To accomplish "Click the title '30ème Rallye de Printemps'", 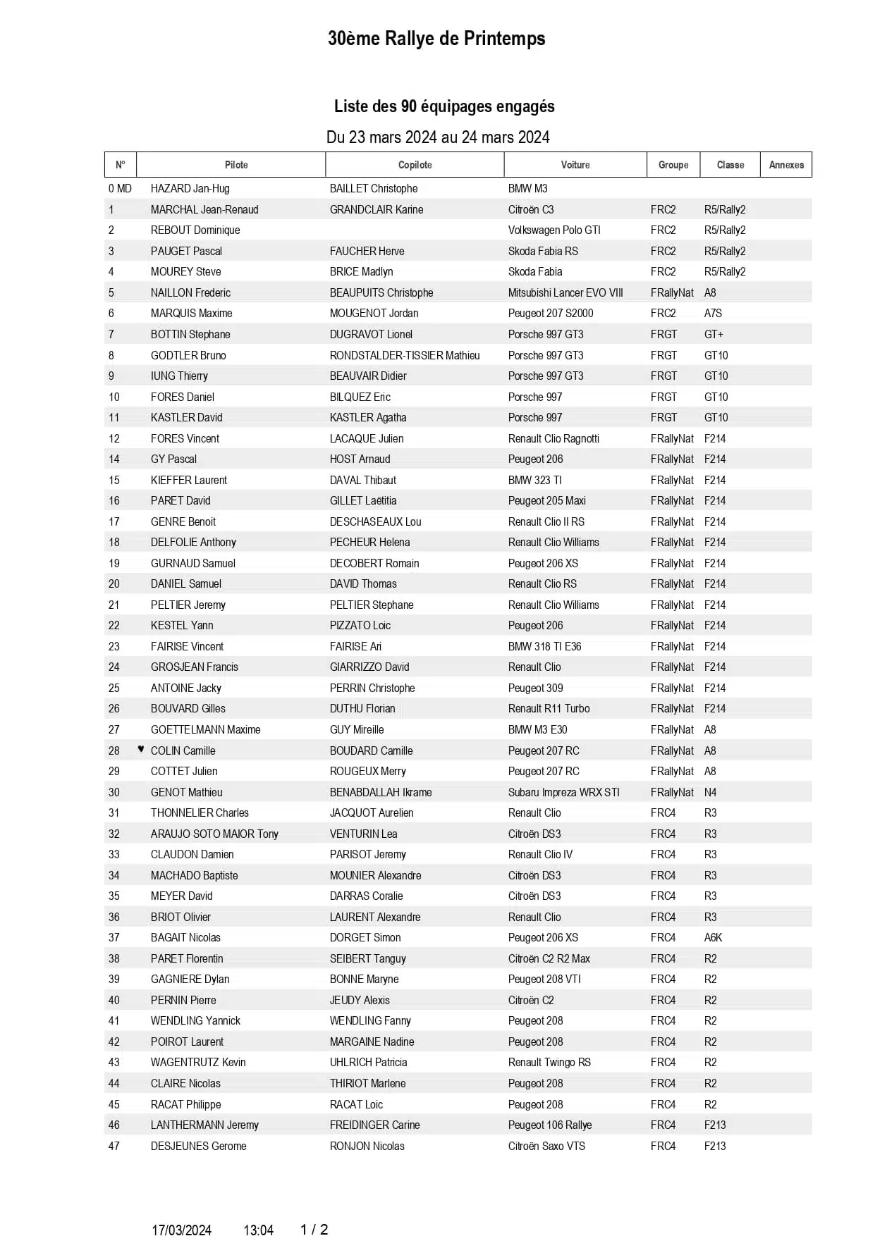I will (436, 39).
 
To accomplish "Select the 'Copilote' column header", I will (415, 165).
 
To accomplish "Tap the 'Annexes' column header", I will (786, 165).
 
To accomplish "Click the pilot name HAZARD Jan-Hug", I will (190, 189).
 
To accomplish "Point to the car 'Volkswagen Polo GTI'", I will (554, 230).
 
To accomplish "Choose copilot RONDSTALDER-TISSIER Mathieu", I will (405, 355).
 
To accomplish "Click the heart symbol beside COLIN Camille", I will (141, 749).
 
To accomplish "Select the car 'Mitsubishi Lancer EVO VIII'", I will (565, 292).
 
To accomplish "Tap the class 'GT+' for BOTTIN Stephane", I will (714, 334).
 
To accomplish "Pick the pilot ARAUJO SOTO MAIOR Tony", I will (214, 834).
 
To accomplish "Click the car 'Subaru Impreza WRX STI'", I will (563, 792).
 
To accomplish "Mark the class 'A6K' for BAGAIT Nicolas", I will (713, 937).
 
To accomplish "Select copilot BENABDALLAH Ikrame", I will (381, 792).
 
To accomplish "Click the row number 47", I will (114, 1146).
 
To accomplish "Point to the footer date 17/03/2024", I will (181, 1230).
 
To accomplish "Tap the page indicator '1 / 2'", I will (314, 1229).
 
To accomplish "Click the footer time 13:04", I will (258, 1230).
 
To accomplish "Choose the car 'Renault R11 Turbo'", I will (549, 709).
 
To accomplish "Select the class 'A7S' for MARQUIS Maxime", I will (713, 314).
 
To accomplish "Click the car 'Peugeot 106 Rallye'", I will (550, 1125).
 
